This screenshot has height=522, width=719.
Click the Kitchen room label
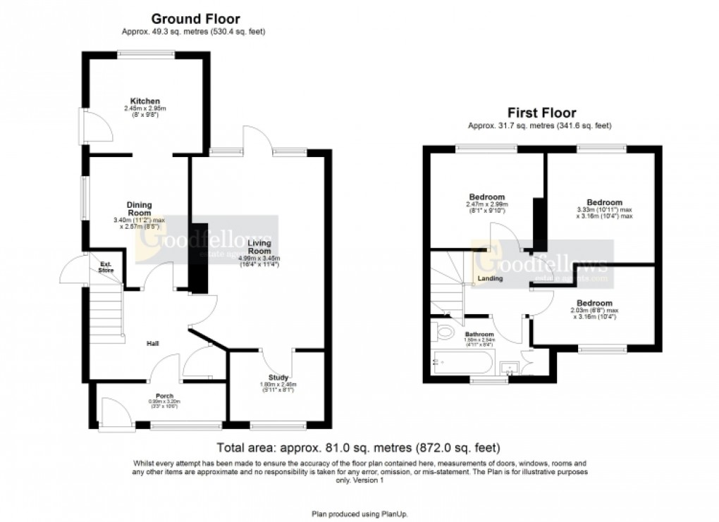coord(145,101)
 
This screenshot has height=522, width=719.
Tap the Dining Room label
coord(140,209)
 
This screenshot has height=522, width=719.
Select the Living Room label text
coord(259,247)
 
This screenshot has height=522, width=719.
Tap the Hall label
coord(152,344)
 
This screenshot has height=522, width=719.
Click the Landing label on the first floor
coord(491,278)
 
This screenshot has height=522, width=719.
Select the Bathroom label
coord(479,335)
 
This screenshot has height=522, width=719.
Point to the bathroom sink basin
coord(508,366)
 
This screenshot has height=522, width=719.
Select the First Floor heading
coord(540,113)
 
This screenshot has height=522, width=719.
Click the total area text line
coord(359,447)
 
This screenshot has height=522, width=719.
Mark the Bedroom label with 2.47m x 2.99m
coord(487,197)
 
